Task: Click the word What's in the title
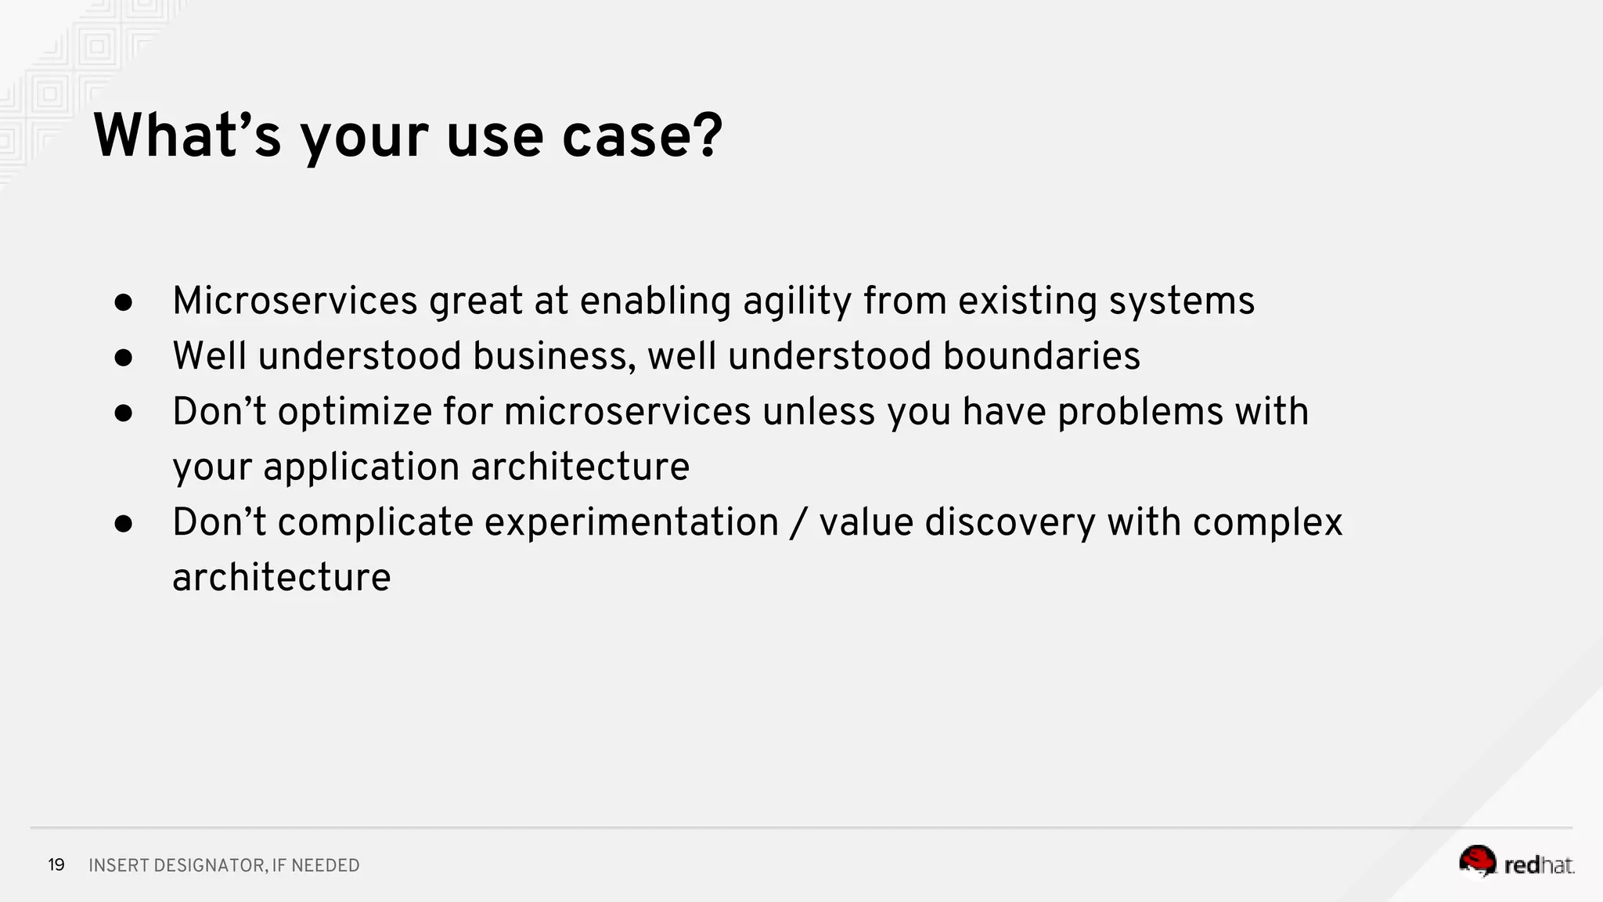pos(186,136)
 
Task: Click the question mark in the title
pos(708,136)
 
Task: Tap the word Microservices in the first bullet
pos(295,301)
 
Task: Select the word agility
pos(797,301)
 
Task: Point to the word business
pos(554,356)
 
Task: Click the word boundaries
pos(1041,356)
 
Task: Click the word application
pos(361,467)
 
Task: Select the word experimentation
pos(631,522)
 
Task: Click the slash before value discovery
pos(798,522)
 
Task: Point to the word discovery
pos(1010,522)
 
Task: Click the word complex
pos(1267,522)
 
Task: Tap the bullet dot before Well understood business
pos(124,358)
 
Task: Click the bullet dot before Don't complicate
pos(124,524)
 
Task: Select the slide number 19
pos(56,865)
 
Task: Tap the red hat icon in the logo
pos(1477,861)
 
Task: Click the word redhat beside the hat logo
pos(1538,865)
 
